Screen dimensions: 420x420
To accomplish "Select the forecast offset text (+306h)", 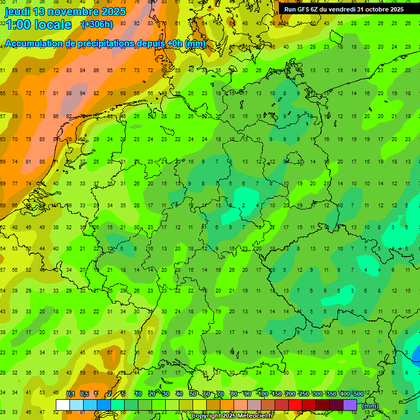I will coord(97,25).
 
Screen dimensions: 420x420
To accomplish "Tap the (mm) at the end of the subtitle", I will coord(195,44).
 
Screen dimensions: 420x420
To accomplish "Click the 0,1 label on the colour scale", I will coord(71,394).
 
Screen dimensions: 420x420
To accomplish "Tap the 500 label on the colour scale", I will coord(358,394).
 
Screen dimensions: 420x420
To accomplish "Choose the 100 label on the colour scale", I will coord(262,394).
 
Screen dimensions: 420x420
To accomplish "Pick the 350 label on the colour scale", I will coord(331,394).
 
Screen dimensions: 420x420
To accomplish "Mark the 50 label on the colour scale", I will coord(193,394).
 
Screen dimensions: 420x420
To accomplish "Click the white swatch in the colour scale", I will coord(62,405).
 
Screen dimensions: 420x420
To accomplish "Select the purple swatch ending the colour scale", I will coord(350,405).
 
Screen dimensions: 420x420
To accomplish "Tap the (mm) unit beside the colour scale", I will coord(370,406).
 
